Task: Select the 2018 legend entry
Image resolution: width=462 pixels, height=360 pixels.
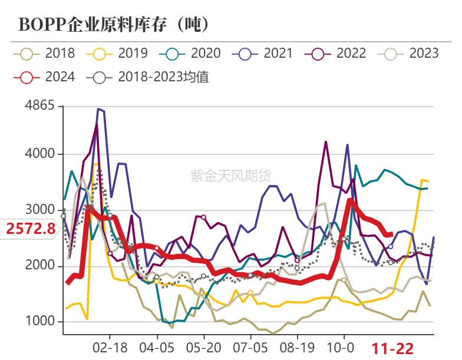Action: pyautogui.click(x=44, y=53)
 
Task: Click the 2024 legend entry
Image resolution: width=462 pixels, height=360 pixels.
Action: pyautogui.click(x=44, y=77)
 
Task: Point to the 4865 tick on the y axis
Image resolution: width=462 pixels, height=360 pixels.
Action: pyautogui.click(x=40, y=106)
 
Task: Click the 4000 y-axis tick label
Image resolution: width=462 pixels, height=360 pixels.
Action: pyautogui.click(x=40, y=154)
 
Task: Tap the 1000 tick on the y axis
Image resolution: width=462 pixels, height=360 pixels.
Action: pyautogui.click(x=40, y=322)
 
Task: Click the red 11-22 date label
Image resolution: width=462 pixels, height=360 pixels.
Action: pyautogui.click(x=392, y=348)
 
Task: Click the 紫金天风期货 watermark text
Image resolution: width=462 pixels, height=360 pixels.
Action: pyautogui.click(x=230, y=175)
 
